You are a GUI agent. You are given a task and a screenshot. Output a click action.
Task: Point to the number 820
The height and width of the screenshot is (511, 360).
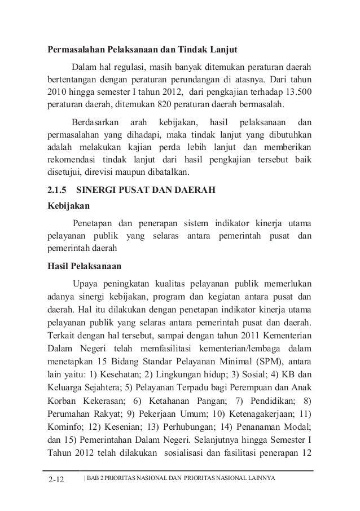click(x=153, y=104)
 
